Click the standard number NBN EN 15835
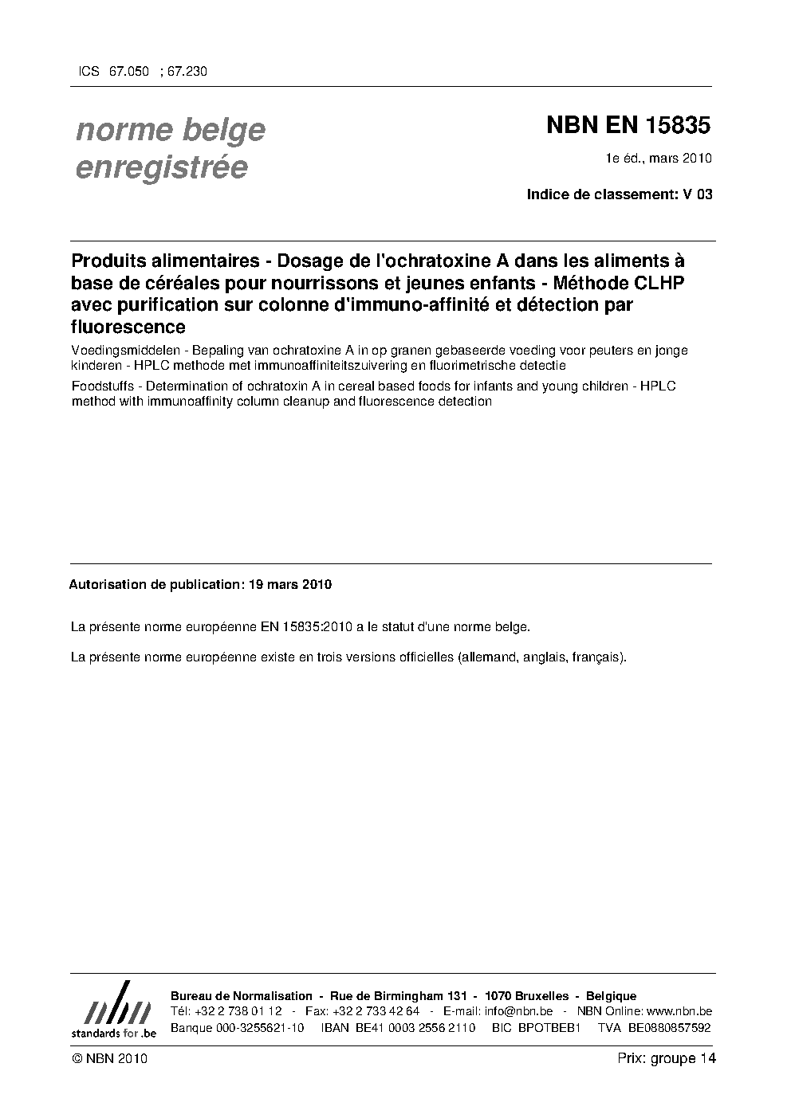pyautogui.click(x=628, y=126)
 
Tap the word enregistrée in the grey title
pyautogui.click(x=162, y=167)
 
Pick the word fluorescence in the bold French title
pyautogui.click(x=128, y=327)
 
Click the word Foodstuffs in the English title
pyautogui.click(x=101, y=386)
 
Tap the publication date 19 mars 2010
pyautogui.click(x=290, y=584)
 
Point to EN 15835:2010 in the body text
pyautogui.click(x=306, y=627)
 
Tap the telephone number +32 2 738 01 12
pyautogui.click(x=238, y=1011)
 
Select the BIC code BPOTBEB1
pyautogui.click(x=547, y=1028)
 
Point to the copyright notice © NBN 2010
pyautogui.click(x=109, y=1059)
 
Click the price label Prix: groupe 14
pyautogui.click(x=667, y=1059)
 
